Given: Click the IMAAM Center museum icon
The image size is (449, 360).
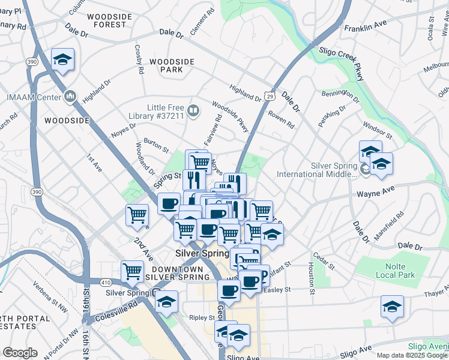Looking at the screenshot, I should [70, 96].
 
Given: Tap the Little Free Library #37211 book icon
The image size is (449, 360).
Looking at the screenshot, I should [193, 110].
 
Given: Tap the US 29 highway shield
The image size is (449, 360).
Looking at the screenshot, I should [271, 96].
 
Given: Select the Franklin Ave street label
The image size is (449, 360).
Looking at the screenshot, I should [365, 26].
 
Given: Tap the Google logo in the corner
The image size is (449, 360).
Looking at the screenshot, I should [20, 353].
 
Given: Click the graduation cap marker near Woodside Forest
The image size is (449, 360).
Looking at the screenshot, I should [62, 59].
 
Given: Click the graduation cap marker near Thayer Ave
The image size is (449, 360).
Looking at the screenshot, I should [392, 307].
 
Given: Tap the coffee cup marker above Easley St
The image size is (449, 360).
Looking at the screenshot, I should [229, 290].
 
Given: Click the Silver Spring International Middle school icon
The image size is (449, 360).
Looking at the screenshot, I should [366, 170].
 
